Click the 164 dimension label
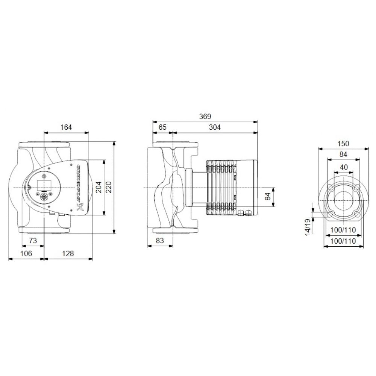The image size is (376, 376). [66, 127]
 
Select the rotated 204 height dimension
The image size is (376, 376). [99, 187]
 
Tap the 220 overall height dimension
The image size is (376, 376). [109, 187]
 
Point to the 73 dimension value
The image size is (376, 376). [33, 241]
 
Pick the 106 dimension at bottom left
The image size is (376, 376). [26, 253]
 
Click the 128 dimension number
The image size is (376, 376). [68, 253]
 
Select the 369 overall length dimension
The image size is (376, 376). [205, 117]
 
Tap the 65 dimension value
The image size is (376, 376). [162, 127]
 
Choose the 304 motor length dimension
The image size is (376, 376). [214, 127]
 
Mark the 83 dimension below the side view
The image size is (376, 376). [160, 241]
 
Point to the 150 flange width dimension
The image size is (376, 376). [343, 144]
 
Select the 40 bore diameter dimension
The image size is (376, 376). [344, 167]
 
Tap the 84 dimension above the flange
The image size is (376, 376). [343, 154]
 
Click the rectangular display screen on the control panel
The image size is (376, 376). [42, 184]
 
